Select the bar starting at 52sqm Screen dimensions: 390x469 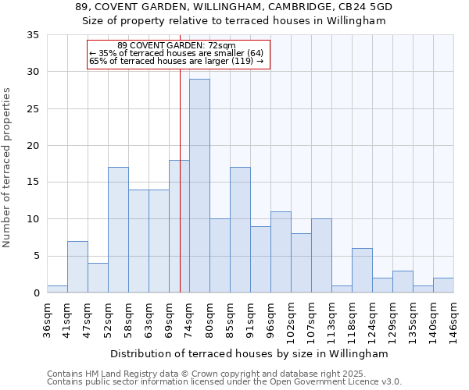coord(118,230)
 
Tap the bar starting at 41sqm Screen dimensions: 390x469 coord(77,267)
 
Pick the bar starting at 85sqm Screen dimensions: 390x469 coord(240,230)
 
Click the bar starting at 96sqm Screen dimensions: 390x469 coord(281,252)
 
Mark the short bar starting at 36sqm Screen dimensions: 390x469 coord(57,289)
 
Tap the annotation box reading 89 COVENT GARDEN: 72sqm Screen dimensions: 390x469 coord(179,54)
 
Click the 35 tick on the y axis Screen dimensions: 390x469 coord(34,35)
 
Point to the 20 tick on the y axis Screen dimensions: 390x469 coord(34,146)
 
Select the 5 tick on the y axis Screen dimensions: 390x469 coord(37,256)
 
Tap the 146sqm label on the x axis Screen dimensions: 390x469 coord(453,321)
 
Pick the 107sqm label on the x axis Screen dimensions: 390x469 coord(311,321)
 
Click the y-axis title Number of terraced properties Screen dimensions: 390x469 coord(9,167)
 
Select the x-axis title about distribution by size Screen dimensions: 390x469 coord(249,353)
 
